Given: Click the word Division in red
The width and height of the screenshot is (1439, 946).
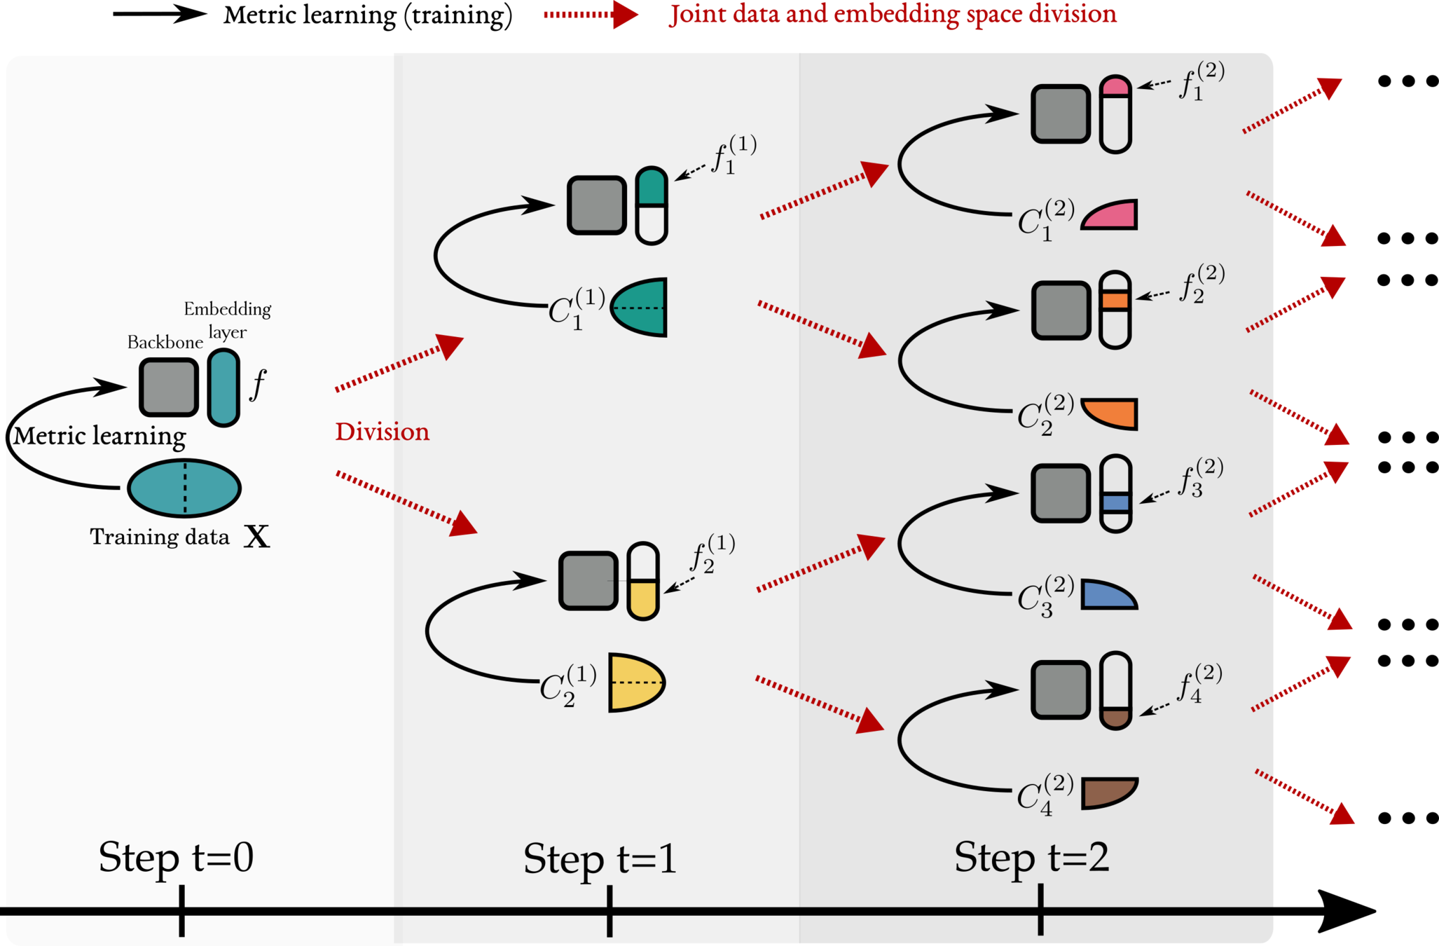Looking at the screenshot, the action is point(382,432).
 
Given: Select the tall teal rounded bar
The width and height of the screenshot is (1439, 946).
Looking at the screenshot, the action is point(223,388).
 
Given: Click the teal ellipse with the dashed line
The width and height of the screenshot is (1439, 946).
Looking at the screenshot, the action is point(184,488).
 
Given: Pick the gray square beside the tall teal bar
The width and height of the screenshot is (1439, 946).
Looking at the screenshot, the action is point(169,388).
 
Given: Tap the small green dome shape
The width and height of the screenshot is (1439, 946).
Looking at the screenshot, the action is point(652,187).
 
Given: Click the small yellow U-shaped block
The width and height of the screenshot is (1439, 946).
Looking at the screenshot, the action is point(643,599).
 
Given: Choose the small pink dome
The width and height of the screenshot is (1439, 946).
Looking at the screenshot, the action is point(1115,87).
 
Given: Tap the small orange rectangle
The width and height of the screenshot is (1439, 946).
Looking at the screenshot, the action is point(1115,301).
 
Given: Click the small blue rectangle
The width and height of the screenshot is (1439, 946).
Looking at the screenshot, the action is point(1116,502).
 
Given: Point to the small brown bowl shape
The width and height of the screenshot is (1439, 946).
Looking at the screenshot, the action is point(1116,718).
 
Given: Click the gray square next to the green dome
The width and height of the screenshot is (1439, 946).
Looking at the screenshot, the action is point(597,205).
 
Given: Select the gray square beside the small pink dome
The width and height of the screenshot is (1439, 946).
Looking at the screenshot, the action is point(1061,114).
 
